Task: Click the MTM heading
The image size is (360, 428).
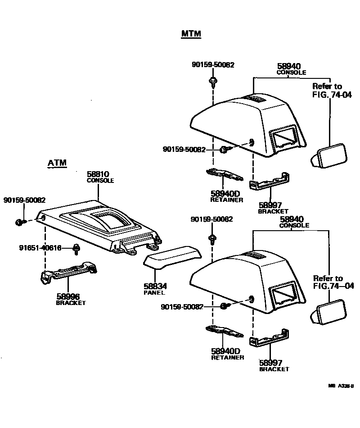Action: [191, 34]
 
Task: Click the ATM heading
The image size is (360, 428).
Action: [57, 163]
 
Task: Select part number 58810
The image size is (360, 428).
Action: [98, 174]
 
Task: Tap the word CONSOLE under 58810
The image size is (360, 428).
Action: [100, 180]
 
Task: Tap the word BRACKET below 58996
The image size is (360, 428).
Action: [71, 303]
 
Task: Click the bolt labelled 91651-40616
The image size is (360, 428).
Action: [77, 247]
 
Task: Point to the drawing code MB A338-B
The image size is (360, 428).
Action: [341, 386]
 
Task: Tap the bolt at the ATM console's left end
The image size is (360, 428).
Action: [19, 222]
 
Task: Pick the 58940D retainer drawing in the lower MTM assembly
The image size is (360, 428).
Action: [224, 332]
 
